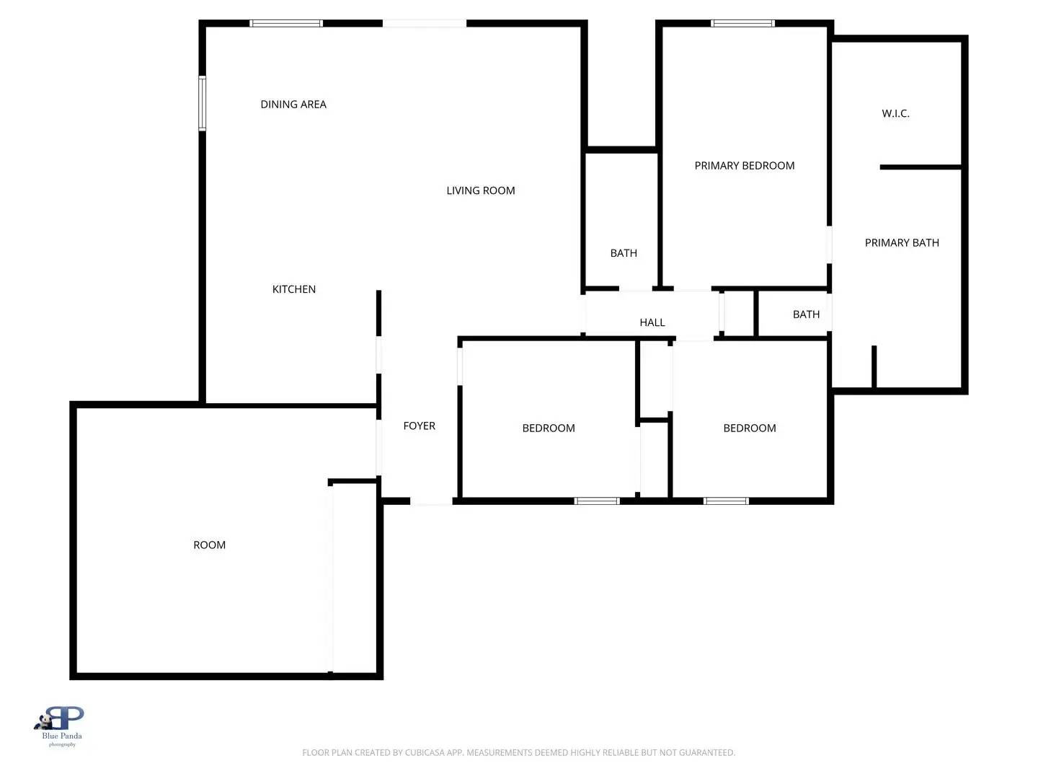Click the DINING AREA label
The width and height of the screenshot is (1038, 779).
point(293,105)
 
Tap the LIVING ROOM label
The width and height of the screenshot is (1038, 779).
point(481,190)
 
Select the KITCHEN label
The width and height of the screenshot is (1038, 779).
point(294,289)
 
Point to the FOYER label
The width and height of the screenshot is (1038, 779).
point(419,426)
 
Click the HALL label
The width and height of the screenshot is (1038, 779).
point(652,322)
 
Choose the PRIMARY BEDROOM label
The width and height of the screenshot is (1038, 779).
point(745,166)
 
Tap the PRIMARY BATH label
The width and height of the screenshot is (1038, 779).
point(902,243)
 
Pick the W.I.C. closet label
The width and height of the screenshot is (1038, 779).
point(895,113)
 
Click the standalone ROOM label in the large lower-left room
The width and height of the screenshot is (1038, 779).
point(210,545)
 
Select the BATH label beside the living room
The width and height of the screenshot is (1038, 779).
point(624,253)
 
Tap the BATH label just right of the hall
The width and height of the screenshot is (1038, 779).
point(806,314)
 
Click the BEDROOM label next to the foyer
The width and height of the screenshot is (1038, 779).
point(549,428)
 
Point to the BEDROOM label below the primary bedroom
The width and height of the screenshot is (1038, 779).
point(750,428)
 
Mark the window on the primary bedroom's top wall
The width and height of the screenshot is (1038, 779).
point(742,24)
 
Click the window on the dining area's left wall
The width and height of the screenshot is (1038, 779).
point(203,103)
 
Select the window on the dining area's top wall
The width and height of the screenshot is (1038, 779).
point(286,24)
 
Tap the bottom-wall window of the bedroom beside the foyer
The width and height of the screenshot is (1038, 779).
point(597,501)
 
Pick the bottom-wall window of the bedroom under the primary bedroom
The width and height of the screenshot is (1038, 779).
point(726,501)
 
